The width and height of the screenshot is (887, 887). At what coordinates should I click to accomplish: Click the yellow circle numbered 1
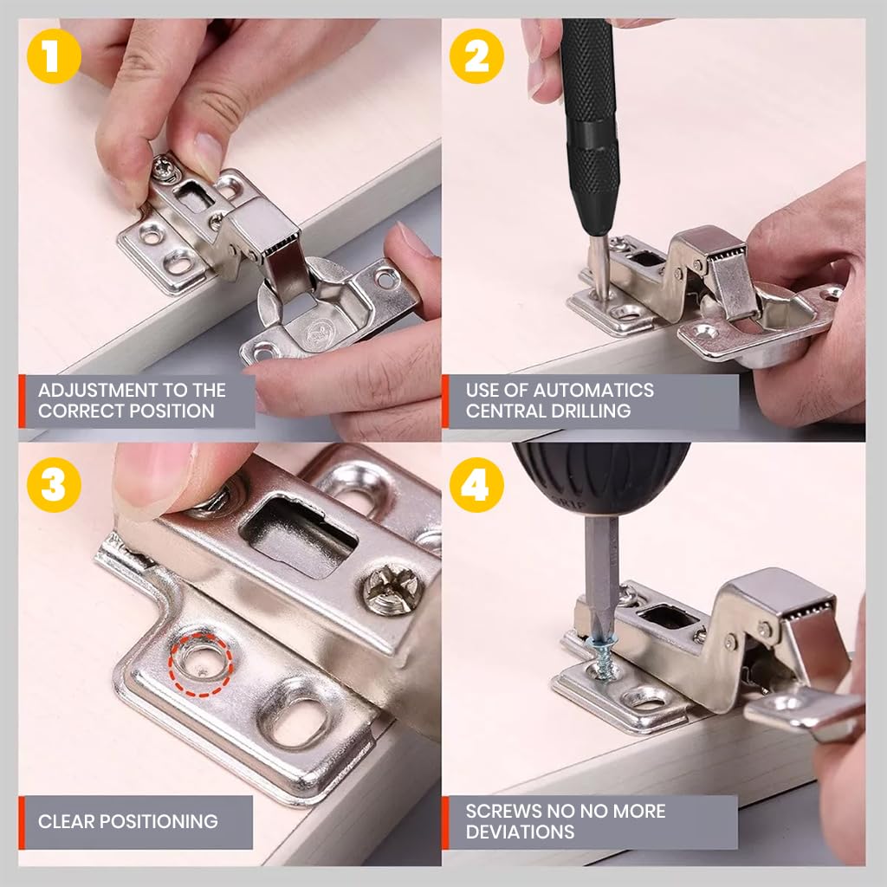pos(53,56)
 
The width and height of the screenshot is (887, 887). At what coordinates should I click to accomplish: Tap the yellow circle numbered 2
pos(476,56)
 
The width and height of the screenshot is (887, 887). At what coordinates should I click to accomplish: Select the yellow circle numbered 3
pos(53,484)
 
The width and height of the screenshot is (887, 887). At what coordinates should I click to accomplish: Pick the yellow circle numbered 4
pos(476,484)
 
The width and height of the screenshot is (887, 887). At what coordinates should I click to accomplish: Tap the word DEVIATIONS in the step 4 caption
pos(520,832)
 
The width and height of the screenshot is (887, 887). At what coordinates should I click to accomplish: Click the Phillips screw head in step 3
pos(393,589)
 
